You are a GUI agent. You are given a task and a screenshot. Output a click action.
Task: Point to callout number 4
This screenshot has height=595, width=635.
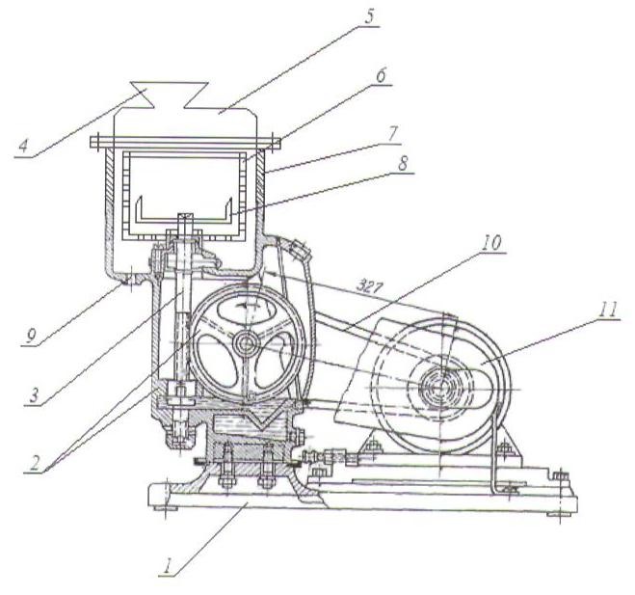coord(23,145)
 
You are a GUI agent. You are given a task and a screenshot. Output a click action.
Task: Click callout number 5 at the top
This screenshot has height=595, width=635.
coord(368,17)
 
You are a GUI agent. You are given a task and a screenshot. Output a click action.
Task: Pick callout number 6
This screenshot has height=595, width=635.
coord(381,76)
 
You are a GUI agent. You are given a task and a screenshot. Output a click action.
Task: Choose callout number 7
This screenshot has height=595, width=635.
coord(391,134)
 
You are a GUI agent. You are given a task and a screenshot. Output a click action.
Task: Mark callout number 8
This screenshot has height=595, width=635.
coord(403,164)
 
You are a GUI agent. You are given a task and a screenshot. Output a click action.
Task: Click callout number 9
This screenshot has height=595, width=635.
coord(31,336)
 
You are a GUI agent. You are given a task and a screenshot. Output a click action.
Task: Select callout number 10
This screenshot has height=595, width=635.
coord(491,242)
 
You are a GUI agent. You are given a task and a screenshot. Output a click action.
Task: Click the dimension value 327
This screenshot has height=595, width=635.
coord(369,287)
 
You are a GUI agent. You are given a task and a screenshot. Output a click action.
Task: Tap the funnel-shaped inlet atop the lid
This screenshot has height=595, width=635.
coord(170,95)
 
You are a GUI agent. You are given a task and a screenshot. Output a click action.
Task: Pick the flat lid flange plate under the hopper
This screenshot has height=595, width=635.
coord(185,142)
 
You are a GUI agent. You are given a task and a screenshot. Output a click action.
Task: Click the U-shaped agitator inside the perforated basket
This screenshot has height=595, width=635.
coord(184,211)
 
